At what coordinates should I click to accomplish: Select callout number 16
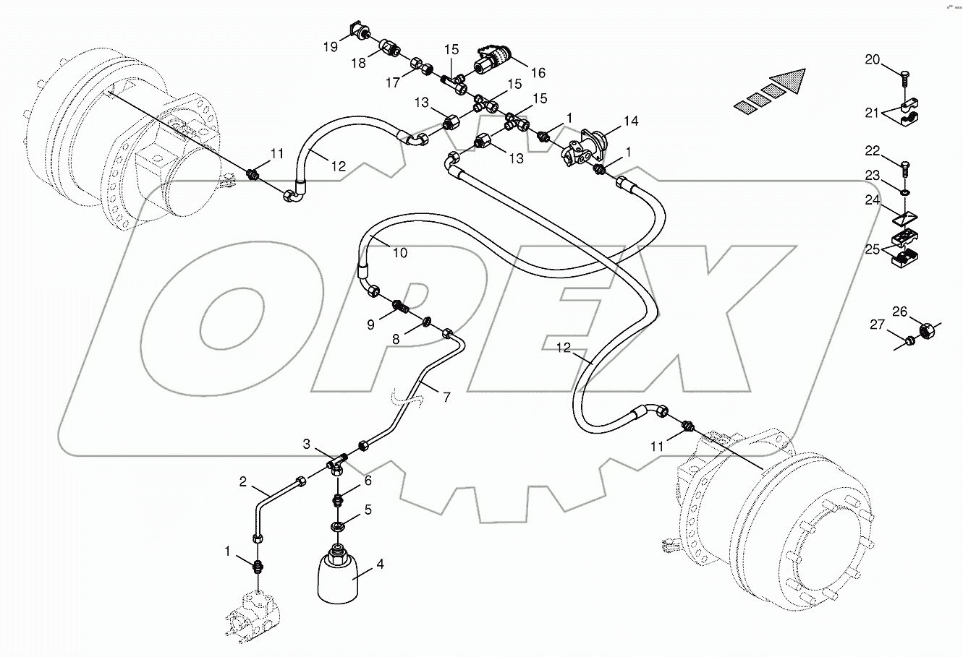[538, 73]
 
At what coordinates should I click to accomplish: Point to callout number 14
[631, 121]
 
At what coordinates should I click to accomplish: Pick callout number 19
[330, 47]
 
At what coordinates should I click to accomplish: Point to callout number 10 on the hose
[400, 253]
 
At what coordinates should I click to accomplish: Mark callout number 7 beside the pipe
[446, 398]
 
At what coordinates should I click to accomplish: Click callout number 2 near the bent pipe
[243, 480]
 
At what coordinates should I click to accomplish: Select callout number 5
[368, 510]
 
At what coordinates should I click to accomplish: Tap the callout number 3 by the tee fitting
[306, 443]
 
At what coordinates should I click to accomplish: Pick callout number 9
[370, 325]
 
